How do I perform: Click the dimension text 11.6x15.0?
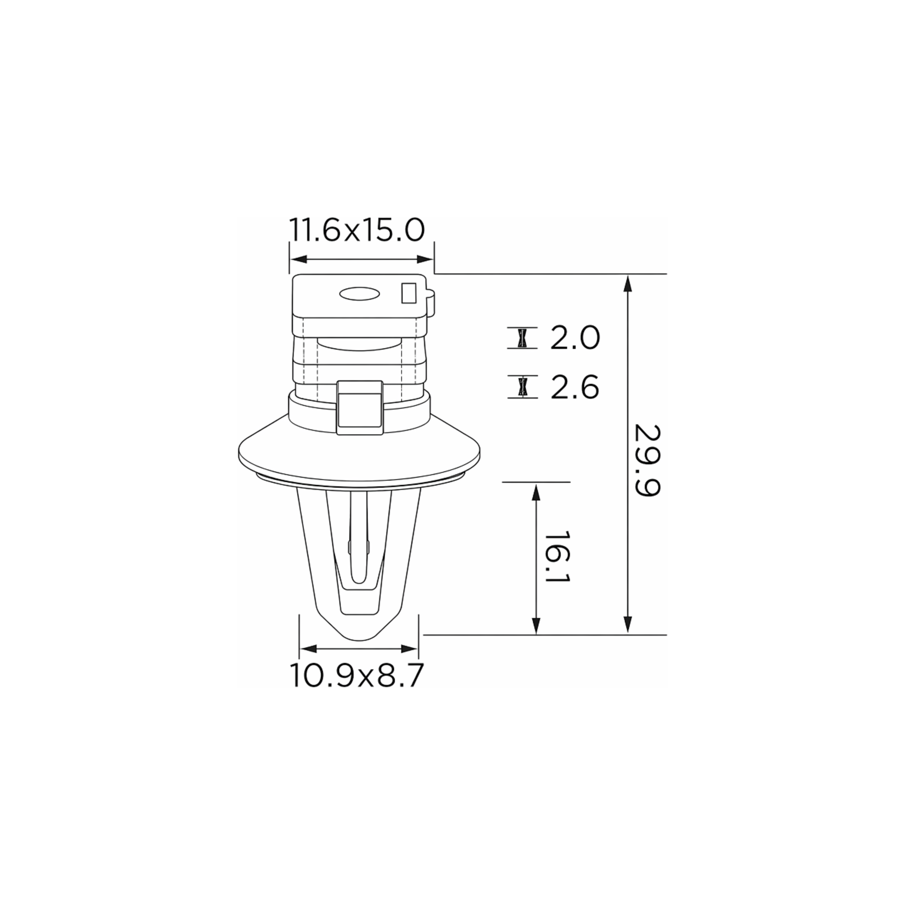pos(357,230)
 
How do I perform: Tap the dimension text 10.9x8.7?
pos(357,675)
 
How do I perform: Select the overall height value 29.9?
pos(647,460)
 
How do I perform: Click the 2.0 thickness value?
pos(575,338)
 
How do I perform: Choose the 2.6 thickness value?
pos(575,388)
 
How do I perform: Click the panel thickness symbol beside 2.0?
pos(522,338)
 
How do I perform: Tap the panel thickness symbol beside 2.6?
pos(522,387)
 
